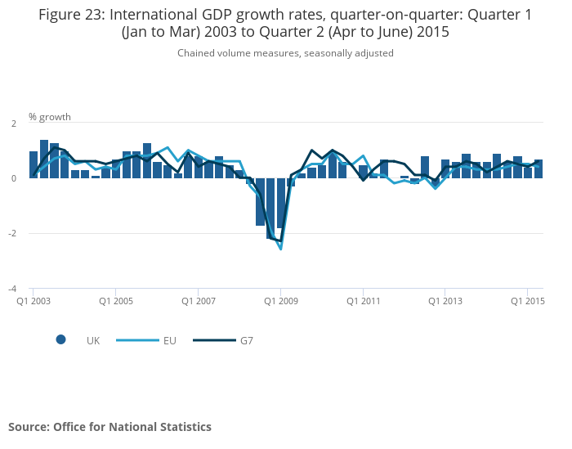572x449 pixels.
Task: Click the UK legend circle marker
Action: [60, 340]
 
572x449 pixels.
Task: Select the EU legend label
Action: [169, 340]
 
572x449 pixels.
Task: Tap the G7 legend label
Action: [246, 340]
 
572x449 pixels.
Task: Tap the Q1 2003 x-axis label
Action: [34, 301]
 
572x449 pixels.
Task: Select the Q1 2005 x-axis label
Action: [115, 301]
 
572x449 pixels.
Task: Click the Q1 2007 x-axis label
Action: [198, 301]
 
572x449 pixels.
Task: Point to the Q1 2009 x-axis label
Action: [280, 301]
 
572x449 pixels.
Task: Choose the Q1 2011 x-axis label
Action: [363, 301]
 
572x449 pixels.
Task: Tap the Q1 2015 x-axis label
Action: [527, 301]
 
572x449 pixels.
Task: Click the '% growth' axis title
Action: [50, 116]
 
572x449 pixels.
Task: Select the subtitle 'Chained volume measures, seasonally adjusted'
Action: [285, 53]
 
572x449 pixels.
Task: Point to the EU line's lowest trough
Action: [280, 249]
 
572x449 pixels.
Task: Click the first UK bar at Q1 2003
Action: [34, 164]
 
